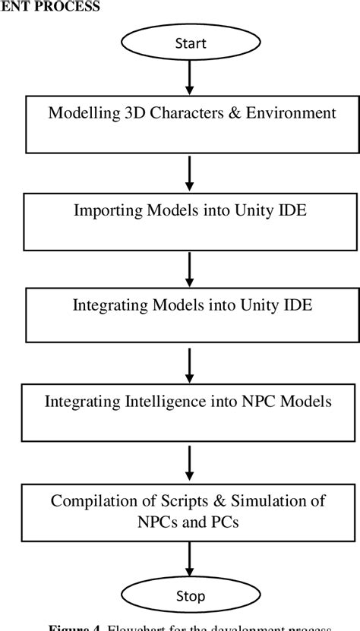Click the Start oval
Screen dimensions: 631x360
tap(190, 44)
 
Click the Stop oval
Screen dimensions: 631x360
tap(190, 597)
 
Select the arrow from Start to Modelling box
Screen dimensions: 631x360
tap(190, 77)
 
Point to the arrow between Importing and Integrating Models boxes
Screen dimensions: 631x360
tap(190, 268)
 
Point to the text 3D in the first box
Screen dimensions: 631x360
tap(129, 113)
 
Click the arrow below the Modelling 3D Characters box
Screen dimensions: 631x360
tap(190, 172)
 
